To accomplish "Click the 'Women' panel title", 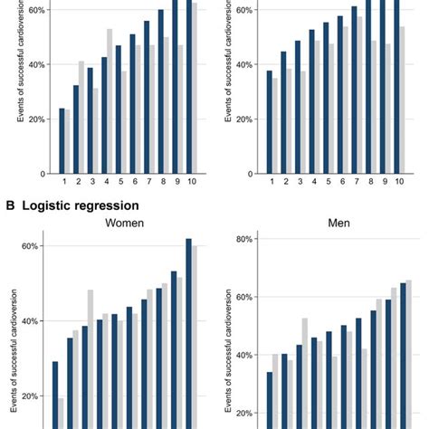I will (x=125, y=222).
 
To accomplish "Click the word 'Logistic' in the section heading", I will (x=52, y=205).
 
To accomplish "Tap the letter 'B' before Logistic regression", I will (x=9, y=205).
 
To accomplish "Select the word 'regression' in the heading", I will (x=111, y=205).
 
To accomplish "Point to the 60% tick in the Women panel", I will (x=28, y=246).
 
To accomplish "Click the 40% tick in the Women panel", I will (x=28, y=321).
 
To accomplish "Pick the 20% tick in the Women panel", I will (x=28, y=396).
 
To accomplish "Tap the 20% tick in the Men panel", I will (x=240, y=414).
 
